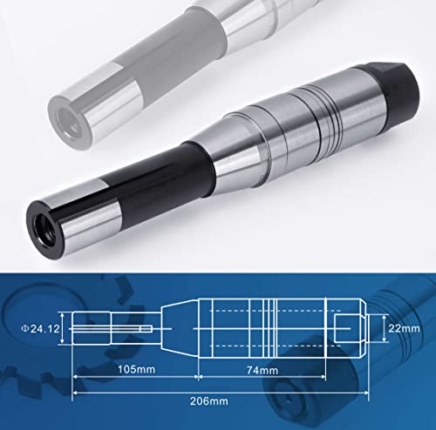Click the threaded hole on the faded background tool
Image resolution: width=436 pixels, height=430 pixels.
67,111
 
